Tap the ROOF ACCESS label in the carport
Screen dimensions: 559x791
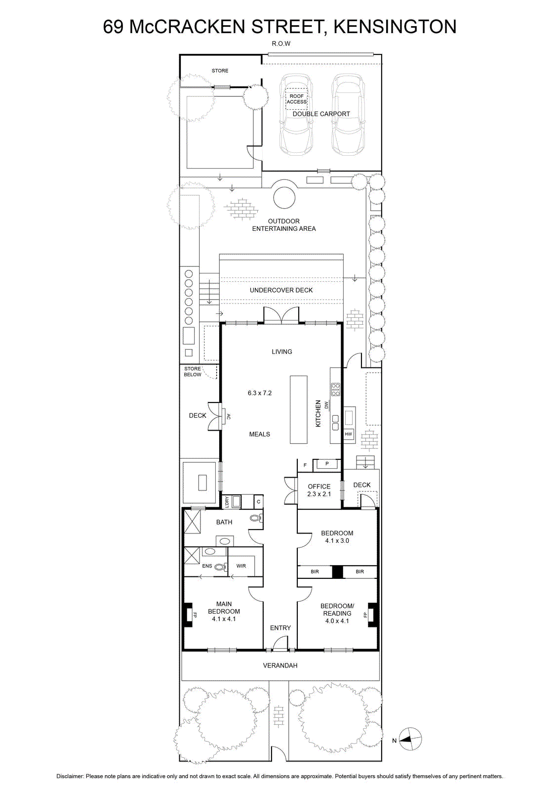click(297, 99)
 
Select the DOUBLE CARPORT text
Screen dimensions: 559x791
click(321, 114)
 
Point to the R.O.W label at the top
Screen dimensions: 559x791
click(281, 44)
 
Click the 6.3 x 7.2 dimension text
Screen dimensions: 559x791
click(260, 393)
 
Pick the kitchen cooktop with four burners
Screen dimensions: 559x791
click(335, 389)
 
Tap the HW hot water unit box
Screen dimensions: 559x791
click(349, 434)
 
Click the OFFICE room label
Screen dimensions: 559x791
click(319, 486)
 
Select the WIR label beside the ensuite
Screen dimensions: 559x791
click(241, 566)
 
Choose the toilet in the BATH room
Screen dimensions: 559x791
click(255, 518)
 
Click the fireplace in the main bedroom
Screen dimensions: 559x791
click(188, 615)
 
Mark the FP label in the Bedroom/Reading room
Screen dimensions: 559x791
click(365, 615)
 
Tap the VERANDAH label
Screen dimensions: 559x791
click(280, 665)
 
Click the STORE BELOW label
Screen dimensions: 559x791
click(193, 371)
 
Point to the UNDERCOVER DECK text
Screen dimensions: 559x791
click(281, 290)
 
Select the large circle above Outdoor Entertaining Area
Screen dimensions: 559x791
click(284, 198)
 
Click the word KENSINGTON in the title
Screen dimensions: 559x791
click(395, 27)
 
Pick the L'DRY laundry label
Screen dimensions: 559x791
click(227, 502)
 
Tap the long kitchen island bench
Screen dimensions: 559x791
click(299, 410)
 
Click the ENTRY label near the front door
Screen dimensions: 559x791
click(280, 628)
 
